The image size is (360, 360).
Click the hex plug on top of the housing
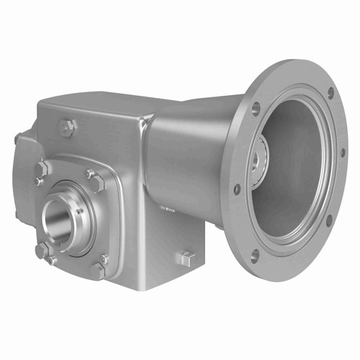(68, 128)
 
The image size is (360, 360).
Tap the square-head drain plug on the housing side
(185, 259)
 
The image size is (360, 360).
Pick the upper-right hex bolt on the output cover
(98, 183)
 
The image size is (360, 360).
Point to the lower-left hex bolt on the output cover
(42, 251)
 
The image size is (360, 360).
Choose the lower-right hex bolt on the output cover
(97, 270)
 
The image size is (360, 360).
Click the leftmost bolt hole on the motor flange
(237, 189)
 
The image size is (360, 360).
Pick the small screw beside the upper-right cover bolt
(90, 173)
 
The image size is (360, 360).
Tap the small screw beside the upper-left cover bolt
(38, 181)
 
